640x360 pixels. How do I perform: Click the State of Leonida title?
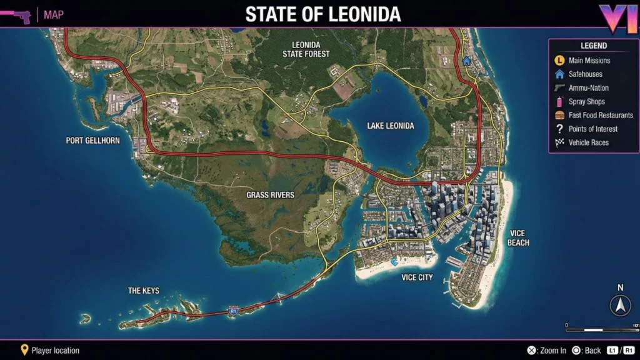pyautogui.click(x=323, y=14)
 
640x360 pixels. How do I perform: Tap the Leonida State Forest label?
pyautogui.click(x=306, y=49)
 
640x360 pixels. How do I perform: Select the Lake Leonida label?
pyautogui.click(x=391, y=126)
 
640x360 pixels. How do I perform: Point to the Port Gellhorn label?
pyautogui.click(x=92, y=141)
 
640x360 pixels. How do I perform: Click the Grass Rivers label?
pyautogui.click(x=270, y=195)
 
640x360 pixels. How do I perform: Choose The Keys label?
pyautogui.click(x=144, y=291)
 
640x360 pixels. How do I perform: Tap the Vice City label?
pyautogui.click(x=417, y=277)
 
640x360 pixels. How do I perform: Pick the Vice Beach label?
pyautogui.click(x=519, y=238)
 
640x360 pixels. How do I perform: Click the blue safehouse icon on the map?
pyautogui.click(x=466, y=61)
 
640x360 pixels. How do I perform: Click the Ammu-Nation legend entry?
pyautogui.click(x=588, y=88)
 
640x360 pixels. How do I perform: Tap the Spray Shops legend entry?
pyautogui.click(x=586, y=102)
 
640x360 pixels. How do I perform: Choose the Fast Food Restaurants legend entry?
pyautogui.click(x=601, y=116)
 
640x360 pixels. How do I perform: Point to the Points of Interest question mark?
pyautogui.click(x=560, y=129)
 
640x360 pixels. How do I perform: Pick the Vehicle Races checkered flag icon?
pyautogui.click(x=560, y=143)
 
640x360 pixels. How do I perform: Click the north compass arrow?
pyautogui.click(x=620, y=306)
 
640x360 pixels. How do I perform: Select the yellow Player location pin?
pyautogui.click(x=24, y=350)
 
